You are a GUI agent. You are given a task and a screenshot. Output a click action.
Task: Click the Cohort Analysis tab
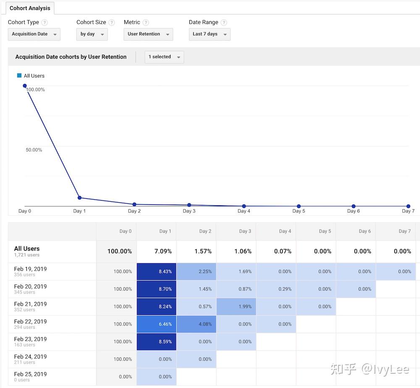30,8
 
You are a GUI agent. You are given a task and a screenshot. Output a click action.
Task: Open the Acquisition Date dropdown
34,34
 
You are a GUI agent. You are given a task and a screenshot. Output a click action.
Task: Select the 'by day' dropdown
92,34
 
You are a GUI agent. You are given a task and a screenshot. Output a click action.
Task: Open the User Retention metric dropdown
148,34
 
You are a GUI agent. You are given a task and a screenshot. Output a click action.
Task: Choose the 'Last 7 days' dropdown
209,34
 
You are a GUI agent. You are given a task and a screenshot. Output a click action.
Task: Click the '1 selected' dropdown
164,57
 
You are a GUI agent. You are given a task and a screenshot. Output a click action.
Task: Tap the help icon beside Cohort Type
45,23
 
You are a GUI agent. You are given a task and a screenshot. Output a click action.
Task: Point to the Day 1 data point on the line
79,198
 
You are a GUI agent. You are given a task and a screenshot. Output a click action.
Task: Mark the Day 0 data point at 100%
25,86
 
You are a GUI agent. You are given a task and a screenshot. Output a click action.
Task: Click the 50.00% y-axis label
34,150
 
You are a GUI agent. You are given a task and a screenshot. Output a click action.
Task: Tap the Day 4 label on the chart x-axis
244,211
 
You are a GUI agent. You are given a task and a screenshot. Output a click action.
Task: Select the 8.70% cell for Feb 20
156,289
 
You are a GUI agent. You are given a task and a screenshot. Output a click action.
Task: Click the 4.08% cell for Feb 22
196,324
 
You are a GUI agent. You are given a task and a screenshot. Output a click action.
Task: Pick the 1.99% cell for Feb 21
236,307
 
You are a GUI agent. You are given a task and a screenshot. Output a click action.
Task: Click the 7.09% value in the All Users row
163,251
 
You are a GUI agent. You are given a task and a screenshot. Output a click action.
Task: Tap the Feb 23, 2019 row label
30,339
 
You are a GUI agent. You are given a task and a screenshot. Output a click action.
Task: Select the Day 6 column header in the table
365,231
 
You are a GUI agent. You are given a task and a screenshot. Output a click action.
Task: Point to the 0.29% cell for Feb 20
276,289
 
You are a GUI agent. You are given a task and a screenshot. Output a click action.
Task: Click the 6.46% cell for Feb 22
156,324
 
